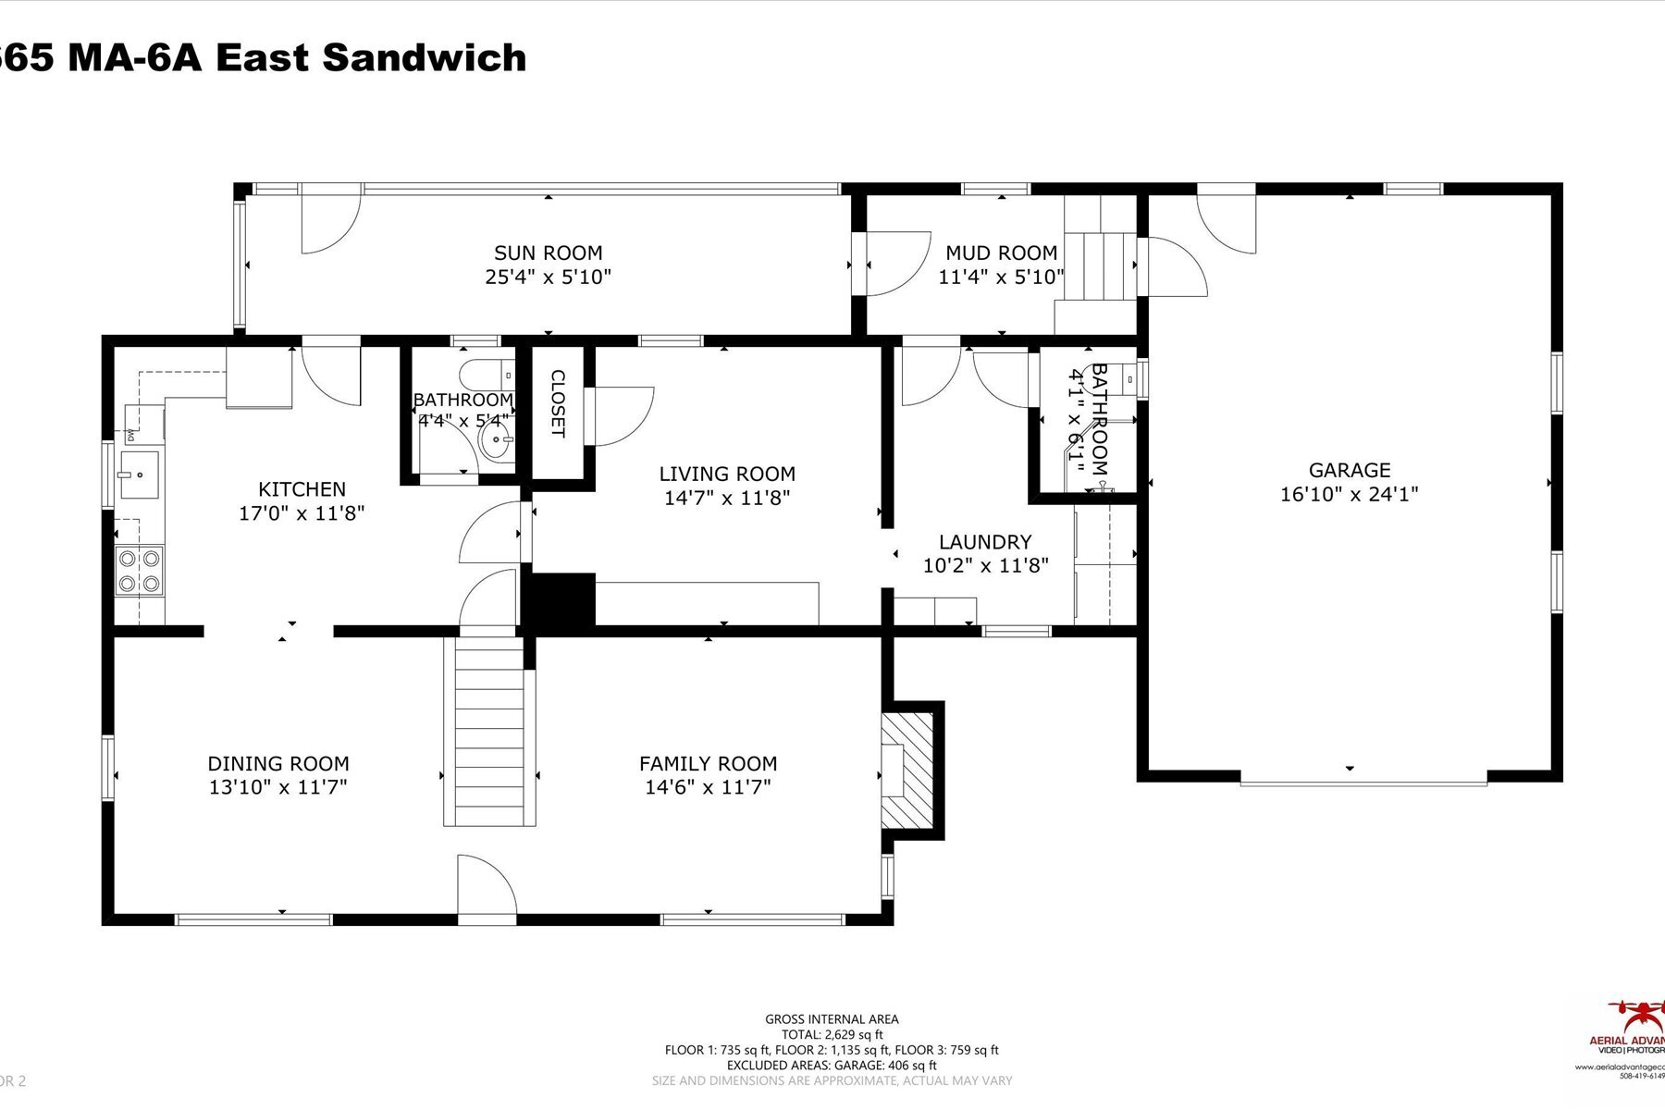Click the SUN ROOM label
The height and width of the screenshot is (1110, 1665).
pos(548,253)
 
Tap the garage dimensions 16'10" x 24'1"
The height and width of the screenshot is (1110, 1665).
pos(1349,494)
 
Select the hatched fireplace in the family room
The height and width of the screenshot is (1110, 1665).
pos(907,771)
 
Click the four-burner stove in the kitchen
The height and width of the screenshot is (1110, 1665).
pos(139,571)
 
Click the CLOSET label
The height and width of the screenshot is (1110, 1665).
pos(558,404)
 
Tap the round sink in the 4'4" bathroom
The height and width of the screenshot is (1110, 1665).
pos(498,442)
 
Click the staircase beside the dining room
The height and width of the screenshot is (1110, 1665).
pos(489,731)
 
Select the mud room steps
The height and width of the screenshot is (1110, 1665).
pos(1099,265)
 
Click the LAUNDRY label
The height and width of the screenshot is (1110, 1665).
pos(985,542)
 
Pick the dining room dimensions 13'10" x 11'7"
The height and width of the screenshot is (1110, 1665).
pos(277,787)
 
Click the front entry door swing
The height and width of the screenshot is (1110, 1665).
pos(485,885)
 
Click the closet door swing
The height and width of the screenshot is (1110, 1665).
pos(621,416)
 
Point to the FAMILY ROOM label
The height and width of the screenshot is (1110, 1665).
pos(708,763)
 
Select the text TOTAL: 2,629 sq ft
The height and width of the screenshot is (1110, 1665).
pos(832,1034)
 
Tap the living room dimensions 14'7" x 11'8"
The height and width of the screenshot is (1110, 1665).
pos(727,498)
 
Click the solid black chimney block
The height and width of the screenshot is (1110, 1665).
pos(559,599)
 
